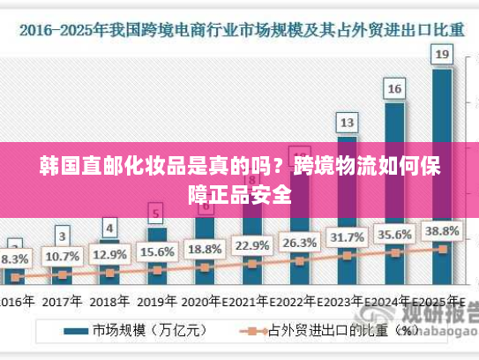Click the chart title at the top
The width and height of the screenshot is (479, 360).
click(240, 29)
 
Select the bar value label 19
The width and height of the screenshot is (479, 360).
click(443, 56)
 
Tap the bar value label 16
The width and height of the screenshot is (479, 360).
click(395, 89)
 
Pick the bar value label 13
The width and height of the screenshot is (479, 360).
click(348, 122)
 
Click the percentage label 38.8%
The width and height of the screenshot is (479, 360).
click(441, 231)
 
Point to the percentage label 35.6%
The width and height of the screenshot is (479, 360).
click(394, 235)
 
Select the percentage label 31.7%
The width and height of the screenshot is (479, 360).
click(347, 237)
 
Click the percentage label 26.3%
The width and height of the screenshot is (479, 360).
click(299, 242)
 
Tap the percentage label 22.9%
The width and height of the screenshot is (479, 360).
click(252, 245)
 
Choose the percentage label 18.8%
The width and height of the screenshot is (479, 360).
click(205, 249)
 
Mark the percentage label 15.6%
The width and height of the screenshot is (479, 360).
click(157, 251)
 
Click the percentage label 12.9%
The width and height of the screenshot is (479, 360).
click(109, 254)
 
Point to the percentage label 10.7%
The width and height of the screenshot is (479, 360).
click(62, 257)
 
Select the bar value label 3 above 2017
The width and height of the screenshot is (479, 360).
click(62, 236)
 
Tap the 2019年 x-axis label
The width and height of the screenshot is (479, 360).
click(157, 300)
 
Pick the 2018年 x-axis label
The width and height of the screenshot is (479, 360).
click(109, 300)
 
